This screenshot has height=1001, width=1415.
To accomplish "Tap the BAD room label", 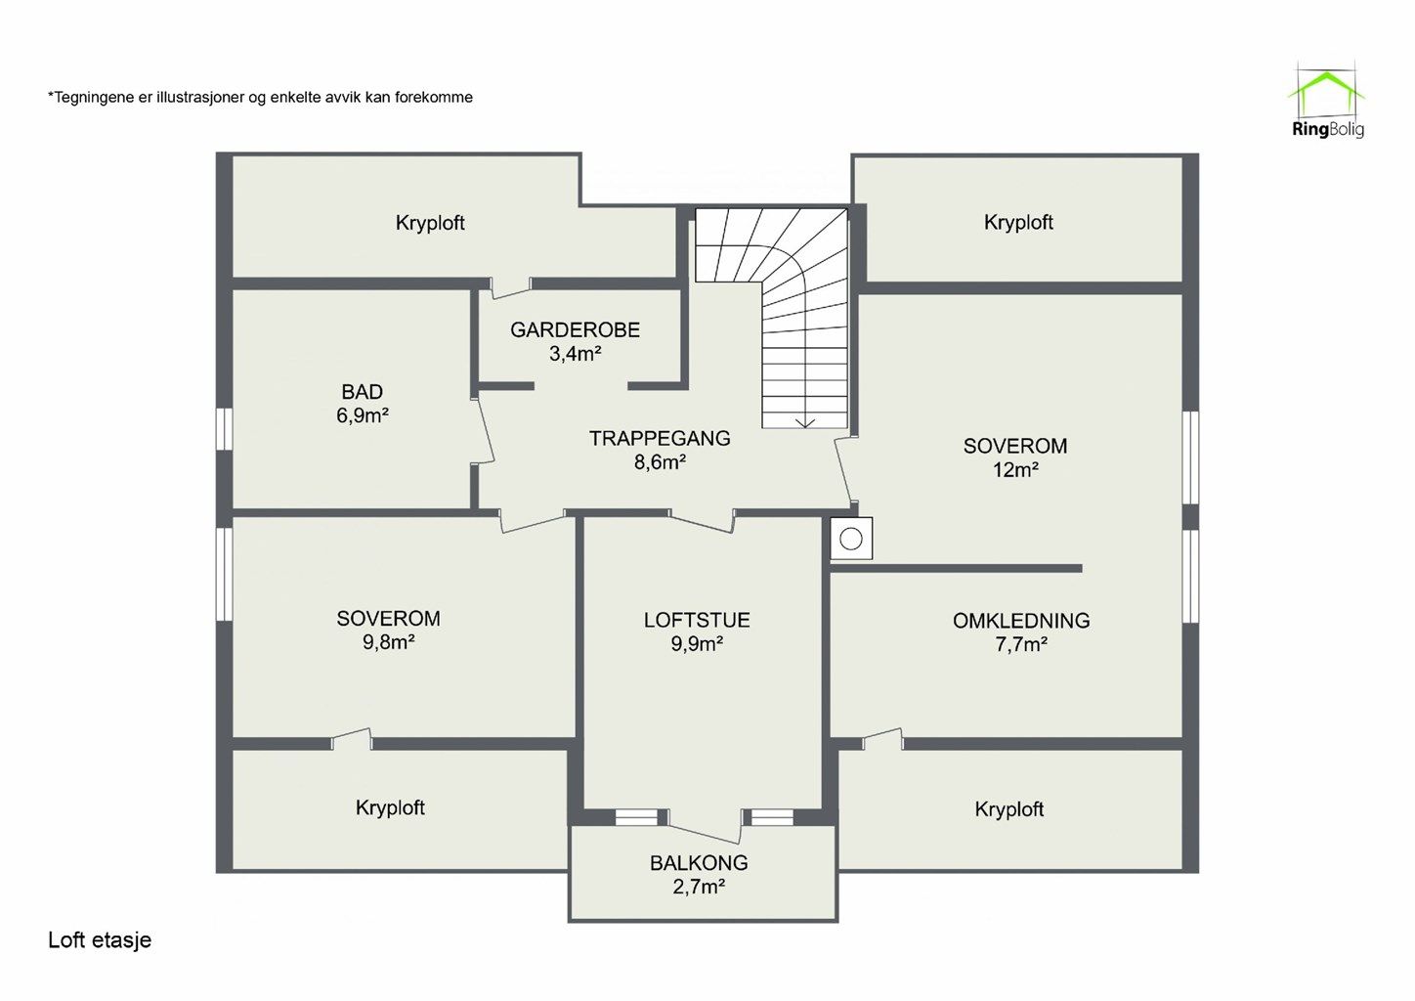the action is [362, 392].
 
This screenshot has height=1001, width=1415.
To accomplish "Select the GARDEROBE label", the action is [575, 329].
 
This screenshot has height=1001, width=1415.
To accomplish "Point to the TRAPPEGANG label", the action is [660, 439].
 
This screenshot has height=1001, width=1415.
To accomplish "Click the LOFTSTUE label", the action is [697, 620].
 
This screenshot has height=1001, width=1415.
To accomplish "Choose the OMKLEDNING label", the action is [1021, 621].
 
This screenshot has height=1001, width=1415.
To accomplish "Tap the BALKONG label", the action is [699, 863].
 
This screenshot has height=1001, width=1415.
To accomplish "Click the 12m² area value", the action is [1015, 470].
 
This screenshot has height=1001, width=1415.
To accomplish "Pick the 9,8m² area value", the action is [389, 642].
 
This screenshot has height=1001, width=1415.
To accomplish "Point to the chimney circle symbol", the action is [851, 539].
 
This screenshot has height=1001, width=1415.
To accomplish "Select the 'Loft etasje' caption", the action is [100, 939].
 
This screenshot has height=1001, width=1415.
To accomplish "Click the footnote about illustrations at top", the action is [260, 98].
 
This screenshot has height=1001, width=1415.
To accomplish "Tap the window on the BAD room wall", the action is [224, 429].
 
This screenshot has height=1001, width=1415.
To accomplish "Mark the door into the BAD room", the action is [485, 430].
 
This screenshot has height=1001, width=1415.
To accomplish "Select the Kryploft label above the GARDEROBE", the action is [430, 223].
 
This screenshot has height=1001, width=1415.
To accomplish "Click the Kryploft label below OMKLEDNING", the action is [1008, 809].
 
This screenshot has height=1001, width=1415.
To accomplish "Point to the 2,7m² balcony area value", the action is [699, 888].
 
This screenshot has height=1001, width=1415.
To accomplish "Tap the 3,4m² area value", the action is [575, 354].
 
